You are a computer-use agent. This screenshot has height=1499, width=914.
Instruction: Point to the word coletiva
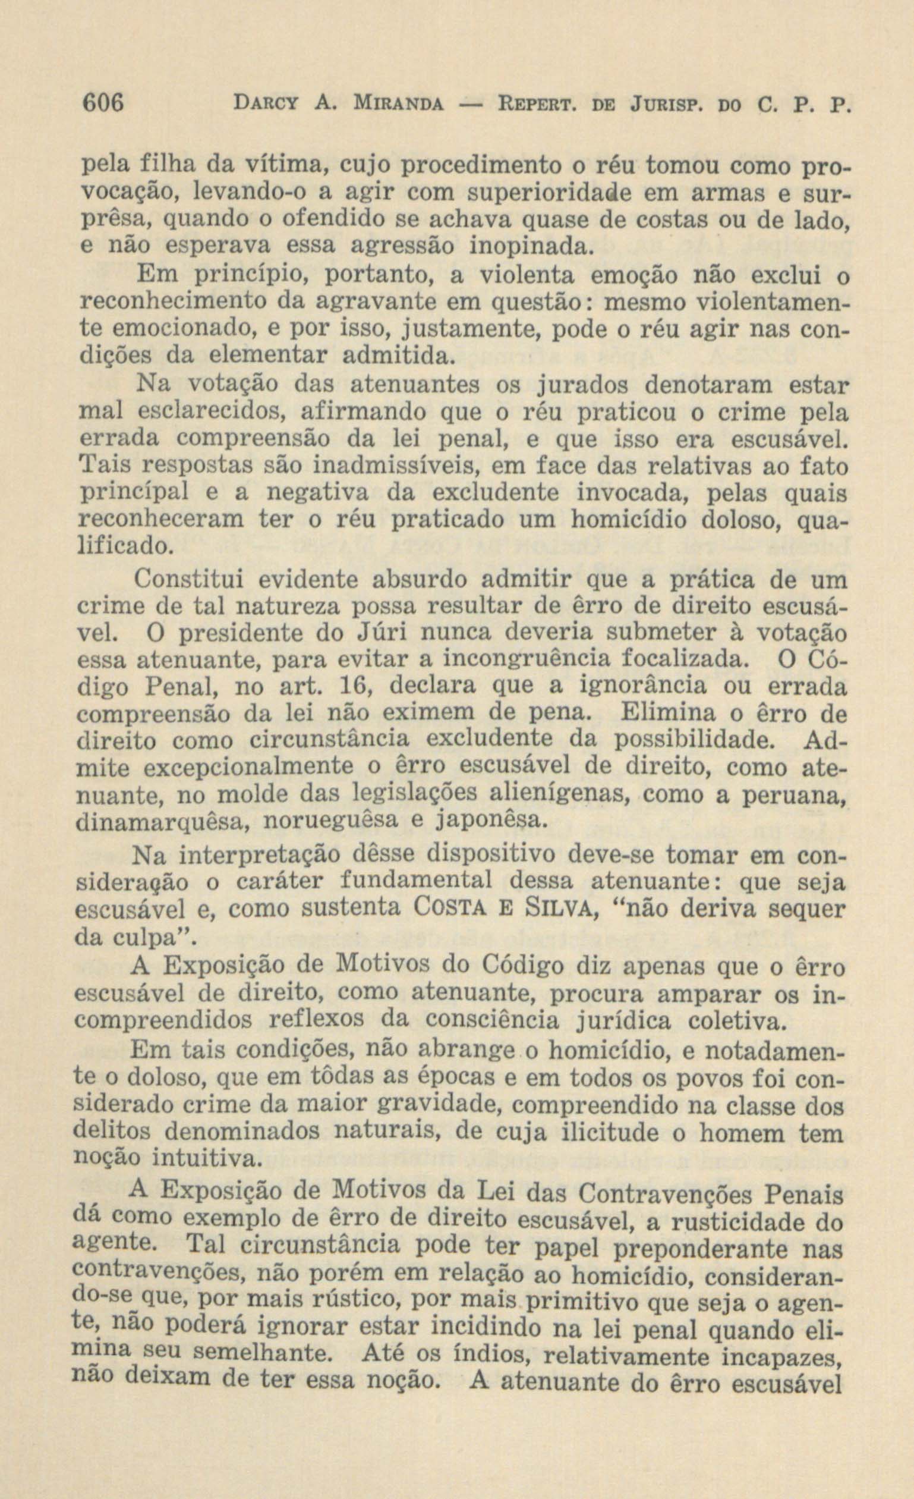click(x=735, y=1020)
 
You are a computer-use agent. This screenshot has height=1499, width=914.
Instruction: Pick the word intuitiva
click(x=205, y=1157)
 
